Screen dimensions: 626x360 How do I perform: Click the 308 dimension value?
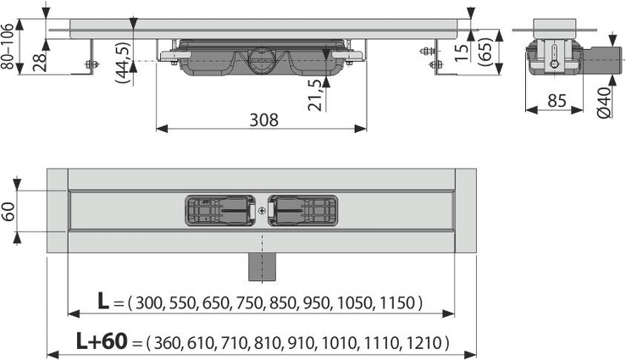(264, 119)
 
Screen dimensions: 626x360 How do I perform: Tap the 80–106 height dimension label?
(8, 46)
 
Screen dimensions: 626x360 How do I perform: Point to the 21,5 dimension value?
(315, 95)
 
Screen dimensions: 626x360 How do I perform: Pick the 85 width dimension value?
(557, 101)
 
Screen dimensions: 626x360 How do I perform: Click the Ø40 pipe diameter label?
(604, 103)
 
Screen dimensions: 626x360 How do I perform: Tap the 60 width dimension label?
(8, 212)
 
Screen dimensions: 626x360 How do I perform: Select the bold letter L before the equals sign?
(103, 302)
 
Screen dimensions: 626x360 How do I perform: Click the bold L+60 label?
(102, 341)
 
